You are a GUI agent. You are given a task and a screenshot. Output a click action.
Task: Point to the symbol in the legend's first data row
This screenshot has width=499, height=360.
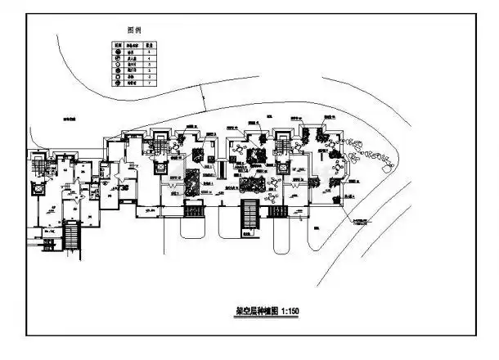(118, 52)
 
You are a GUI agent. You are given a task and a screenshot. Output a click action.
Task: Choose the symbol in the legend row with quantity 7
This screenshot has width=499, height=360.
(118, 83)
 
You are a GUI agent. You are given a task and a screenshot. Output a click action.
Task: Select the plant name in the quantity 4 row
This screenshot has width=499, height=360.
(132, 59)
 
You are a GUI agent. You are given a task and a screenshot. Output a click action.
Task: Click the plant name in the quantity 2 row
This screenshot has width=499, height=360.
(132, 78)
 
